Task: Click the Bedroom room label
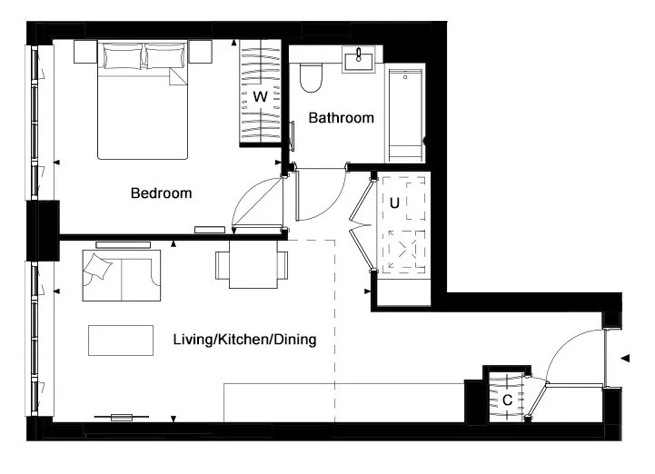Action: (x=161, y=193)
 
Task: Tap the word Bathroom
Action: (x=341, y=118)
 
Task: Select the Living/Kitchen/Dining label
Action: (x=244, y=339)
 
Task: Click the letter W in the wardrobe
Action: (x=260, y=97)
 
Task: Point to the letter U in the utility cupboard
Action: (x=394, y=203)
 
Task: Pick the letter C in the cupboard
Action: (x=507, y=400)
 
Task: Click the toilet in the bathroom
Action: (x=312, y=78)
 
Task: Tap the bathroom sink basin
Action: (x=359, y=59)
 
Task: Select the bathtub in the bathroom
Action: (x=404, y=113)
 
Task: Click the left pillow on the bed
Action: (x=123, y=56)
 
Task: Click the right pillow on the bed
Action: (x=164, y=56)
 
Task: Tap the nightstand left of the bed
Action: (x=85, y=52)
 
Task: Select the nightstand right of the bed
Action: (x=200, y=52)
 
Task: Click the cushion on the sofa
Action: (x=98, y=266)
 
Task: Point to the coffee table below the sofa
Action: (x=121, y=341)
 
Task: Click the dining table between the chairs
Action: (x=253, y=264)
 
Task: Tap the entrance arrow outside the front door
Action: (x=625, y=359)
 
